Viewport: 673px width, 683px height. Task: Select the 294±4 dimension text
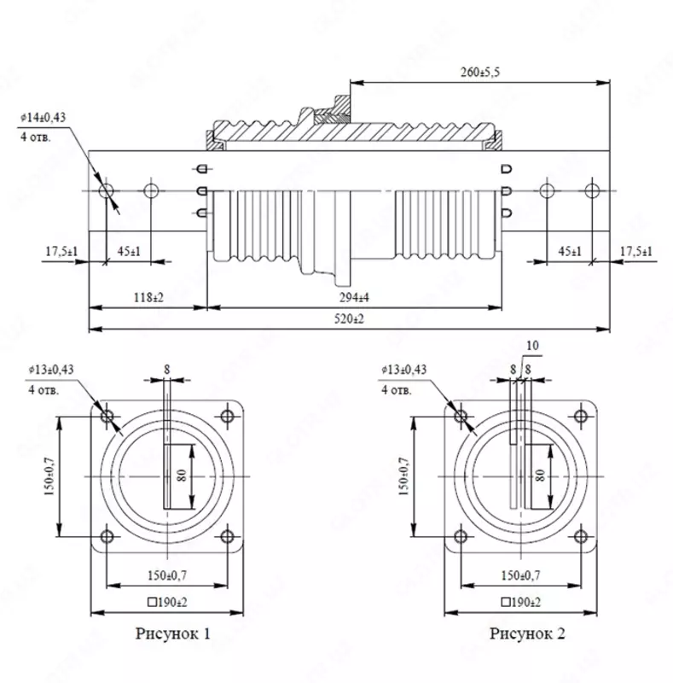356,296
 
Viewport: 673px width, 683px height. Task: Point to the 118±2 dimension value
148,296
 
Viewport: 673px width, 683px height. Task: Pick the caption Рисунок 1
173,633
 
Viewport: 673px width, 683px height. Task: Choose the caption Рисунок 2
527,633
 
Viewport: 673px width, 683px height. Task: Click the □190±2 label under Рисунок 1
167,602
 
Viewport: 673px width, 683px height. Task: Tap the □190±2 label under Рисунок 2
521,602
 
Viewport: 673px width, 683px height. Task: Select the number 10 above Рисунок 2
534,346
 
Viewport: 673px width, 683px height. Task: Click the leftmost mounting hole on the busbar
106,190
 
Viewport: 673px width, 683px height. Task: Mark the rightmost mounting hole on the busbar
590,190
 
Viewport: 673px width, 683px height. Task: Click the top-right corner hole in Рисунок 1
227,417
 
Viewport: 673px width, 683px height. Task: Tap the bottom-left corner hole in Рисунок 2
461,536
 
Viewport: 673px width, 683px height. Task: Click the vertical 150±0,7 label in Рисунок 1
49,476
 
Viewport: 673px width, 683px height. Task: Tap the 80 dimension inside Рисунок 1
182,476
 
